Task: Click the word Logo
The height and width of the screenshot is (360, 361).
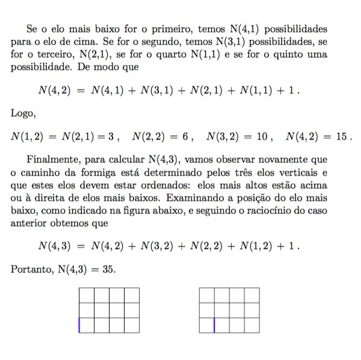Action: point(23,112)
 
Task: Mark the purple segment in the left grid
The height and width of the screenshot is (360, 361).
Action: point(79,325)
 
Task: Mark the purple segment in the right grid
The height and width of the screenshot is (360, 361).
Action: point(214,325)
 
